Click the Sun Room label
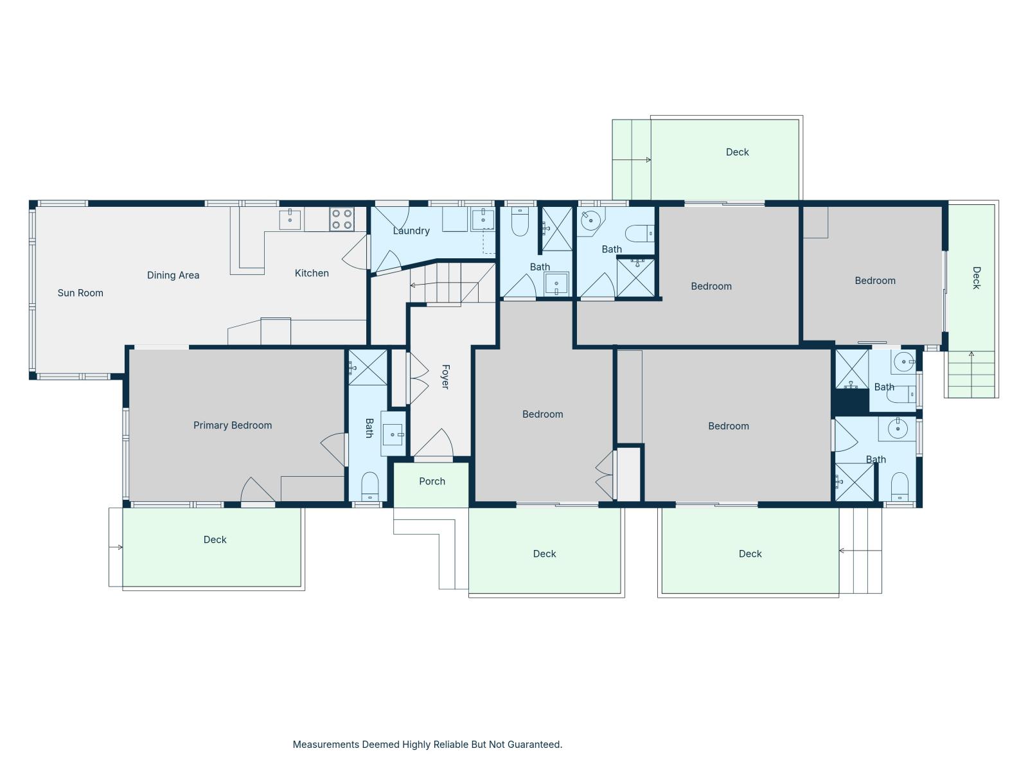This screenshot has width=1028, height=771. tap(80, 293)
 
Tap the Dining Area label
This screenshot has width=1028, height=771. tap(173, 275)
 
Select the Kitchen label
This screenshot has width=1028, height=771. tap(312, 273)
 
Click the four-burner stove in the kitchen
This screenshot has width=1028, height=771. tap(341, 219)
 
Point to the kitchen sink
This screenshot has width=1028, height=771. tap(290, 220)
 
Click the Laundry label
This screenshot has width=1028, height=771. tap(411, 231)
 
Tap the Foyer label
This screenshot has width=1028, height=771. tap(445, 377)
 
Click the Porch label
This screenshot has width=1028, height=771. tap(432, 481)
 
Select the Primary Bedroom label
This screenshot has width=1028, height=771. tap(233, 425)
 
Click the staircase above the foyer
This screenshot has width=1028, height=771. tap(452, 283)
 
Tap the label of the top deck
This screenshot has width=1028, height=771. tap(737, 152)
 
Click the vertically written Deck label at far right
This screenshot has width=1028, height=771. tap(977, 278)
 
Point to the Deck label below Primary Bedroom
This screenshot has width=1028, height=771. tap(215, 540)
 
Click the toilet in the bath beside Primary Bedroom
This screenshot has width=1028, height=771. tap(370, 486)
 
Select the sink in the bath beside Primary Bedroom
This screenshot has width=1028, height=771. tap(393, 434)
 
